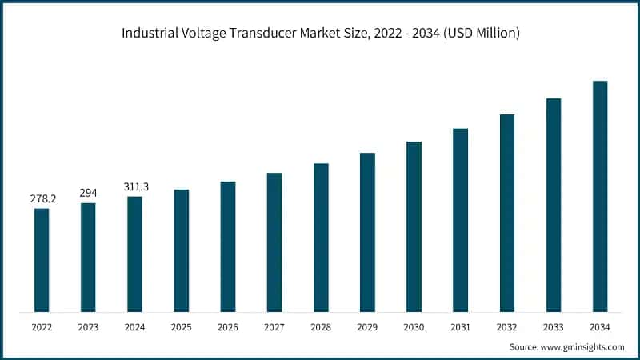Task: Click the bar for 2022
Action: coord(42,260)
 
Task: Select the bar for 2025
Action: coord(181,250)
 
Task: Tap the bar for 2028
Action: coord(321,238)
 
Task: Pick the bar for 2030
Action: coord(414,226)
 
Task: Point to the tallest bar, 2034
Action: coord(600,196)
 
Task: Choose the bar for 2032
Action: coord(507,213)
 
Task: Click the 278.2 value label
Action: coord(42,198)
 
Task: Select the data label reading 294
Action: coord(88,193)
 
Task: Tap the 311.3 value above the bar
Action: coord(134,186)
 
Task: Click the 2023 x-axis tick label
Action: coord(88,326)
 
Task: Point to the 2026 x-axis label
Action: coord(228,326)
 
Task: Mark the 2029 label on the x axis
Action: coord(367,326)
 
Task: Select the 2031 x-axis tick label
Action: coord(460,326)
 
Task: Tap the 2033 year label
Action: coord(554,326)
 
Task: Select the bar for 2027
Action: coord(274,242)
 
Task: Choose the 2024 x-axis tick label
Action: coord(134,326)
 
